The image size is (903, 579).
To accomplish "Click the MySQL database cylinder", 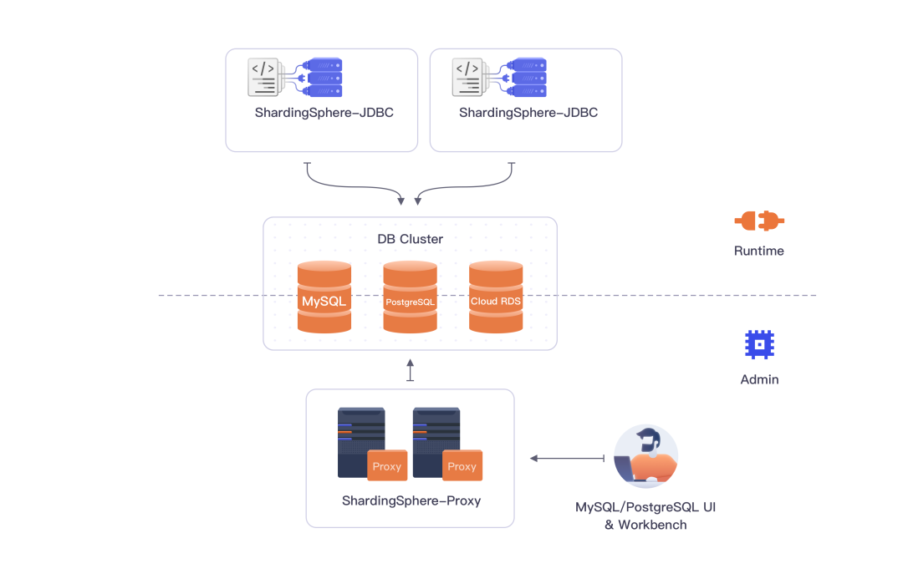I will tap(324, 297).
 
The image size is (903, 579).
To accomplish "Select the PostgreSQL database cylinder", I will tap(410, 297).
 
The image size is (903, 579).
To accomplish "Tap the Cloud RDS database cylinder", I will tap(496, 297).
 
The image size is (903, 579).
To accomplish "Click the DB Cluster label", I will tap(410, 239).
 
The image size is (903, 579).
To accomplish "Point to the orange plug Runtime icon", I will tap(759, 221).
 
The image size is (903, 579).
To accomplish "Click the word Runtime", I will tap(759, 251).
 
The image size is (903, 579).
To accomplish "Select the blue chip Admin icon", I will tap(759, 344).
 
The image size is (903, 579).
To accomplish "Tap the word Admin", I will tap(759, 379).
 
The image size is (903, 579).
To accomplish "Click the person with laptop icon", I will tap(645, 457).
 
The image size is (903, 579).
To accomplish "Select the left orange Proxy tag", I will tap(387, 465).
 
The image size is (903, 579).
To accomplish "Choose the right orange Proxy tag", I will tap(462, 465).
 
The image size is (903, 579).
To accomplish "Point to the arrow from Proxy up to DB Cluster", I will tap(410, 370).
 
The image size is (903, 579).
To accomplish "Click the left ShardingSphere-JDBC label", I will tap(324, 113).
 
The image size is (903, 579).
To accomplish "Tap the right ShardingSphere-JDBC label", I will tap(528, 113).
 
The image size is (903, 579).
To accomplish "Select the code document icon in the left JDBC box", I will tap(264, 77).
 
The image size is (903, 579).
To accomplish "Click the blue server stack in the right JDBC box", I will tap(528, 77).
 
